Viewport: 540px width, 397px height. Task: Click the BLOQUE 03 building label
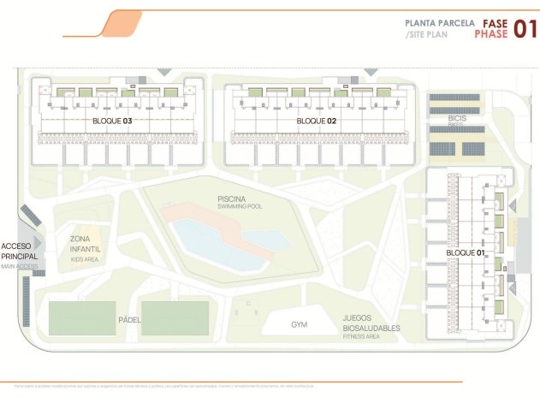112,121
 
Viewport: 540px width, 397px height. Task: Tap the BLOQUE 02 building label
316,121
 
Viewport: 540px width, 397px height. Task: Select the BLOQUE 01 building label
466,253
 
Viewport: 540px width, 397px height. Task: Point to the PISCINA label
232,198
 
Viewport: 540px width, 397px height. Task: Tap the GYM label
299,325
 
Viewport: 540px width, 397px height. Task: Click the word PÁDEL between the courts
129,320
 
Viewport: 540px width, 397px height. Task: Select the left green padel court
82,318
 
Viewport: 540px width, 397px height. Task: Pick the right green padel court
175,318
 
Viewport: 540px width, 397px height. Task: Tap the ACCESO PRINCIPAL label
19,251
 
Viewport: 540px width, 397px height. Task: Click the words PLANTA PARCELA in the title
440,24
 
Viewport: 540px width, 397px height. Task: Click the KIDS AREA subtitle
84,258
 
